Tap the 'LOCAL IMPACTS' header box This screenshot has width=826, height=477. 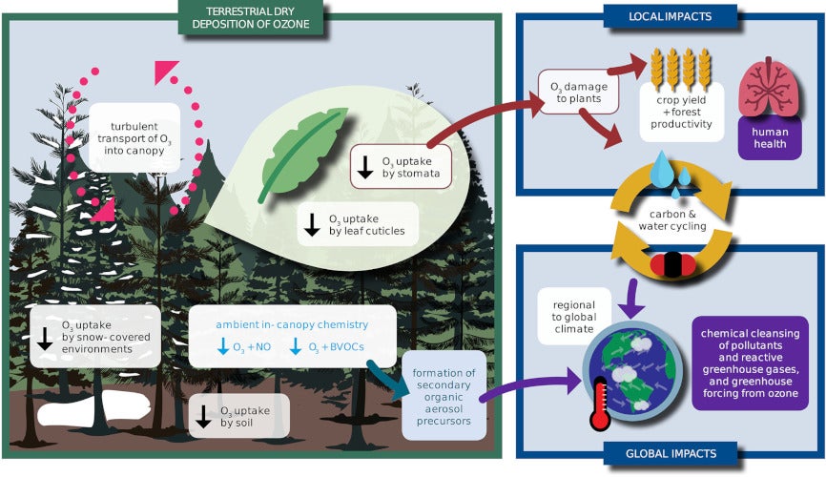pos(671,15)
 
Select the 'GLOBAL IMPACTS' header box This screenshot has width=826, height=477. pos(671,453)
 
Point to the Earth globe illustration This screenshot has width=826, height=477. pos(633,375)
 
